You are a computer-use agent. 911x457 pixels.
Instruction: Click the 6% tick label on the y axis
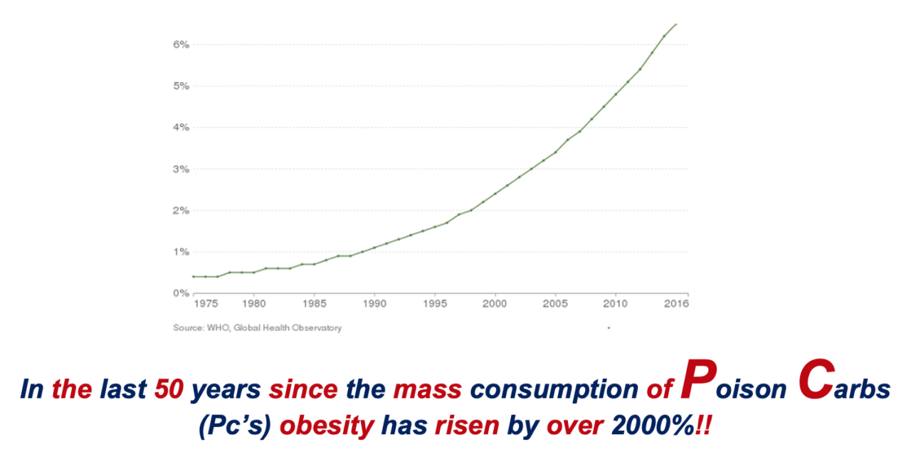tap(181, 45)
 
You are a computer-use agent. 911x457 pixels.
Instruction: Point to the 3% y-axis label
tap(181, 169)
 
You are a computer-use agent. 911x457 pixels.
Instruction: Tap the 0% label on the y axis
tap(181, 293)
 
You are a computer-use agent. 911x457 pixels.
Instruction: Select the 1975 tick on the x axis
tap(206, 303)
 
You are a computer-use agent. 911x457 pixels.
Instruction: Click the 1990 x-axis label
tap(374, 303)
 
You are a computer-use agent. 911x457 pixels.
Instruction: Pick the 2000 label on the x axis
tap(495, 303)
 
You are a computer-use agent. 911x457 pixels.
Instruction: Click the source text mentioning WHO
tap(257, 328)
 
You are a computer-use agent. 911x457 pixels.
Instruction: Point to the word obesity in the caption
tap(327, 426)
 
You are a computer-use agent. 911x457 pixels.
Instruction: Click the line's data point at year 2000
tap(495, 194)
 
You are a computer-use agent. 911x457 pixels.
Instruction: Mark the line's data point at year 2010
tap(616, 94)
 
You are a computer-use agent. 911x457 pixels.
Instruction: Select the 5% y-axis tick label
tap(181, 86)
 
